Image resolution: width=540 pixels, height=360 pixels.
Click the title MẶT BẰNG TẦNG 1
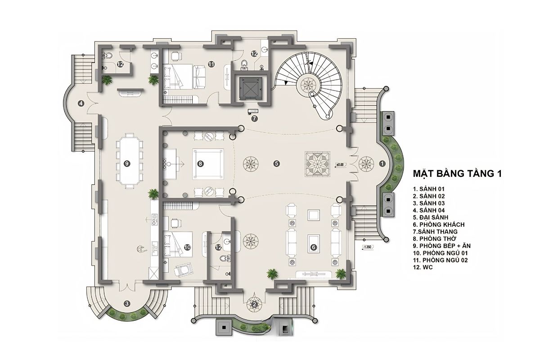click(458, 174)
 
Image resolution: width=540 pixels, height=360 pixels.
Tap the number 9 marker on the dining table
click(127, 164)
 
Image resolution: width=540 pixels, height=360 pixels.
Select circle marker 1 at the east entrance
click(382, 164)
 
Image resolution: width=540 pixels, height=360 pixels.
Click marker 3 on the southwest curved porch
click(127, 304)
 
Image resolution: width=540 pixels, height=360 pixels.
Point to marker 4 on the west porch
click(81, 103)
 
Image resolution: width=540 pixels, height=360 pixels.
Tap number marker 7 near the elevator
click(254, 119)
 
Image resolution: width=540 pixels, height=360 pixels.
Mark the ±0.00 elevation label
click(340, 165)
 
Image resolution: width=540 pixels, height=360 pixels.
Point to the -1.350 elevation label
click(367, 247)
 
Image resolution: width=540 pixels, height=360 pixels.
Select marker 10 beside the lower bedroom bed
click(187, 247)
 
